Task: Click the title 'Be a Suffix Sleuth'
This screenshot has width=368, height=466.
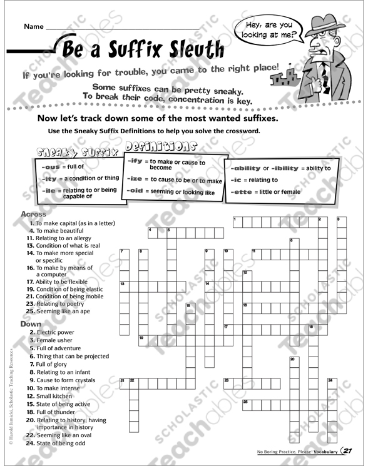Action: pyautogui.click(x=143, y=47)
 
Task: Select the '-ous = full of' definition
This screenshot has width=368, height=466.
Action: pyautogui.click(x=62, y=166)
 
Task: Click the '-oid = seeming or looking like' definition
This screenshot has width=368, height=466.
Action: pyautogui.click(x=170, y=193)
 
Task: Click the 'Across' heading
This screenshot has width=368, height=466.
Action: pyautogui.click(x=34, y=214)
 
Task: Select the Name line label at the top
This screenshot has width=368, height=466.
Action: pyautogui.click(x=34, y=26)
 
